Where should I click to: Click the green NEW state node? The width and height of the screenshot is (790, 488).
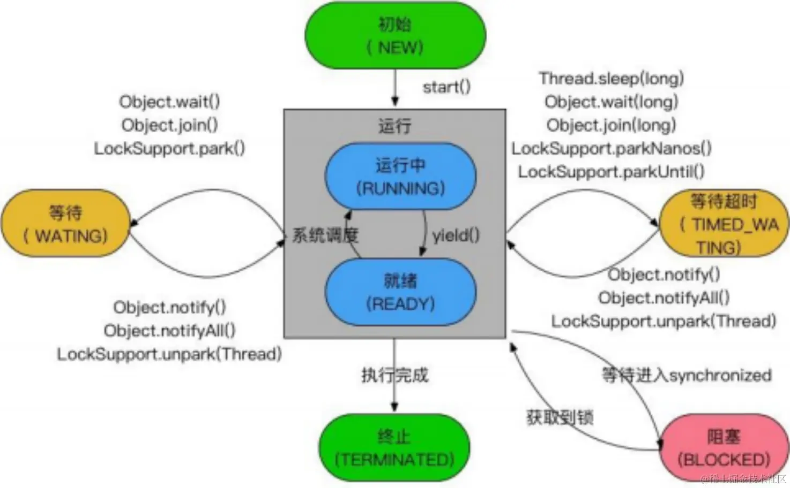[395, 36]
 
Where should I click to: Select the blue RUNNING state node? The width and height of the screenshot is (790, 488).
[400, 177]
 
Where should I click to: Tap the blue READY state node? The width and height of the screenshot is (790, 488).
[400, 292]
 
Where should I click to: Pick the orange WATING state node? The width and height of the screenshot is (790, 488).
[65, 224]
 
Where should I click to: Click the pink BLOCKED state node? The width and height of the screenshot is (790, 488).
[724, 448]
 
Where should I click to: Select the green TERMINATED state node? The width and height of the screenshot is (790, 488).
[394, 448]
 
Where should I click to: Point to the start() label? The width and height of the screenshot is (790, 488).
[446, 87]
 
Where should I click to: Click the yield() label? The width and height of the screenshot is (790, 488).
[456, 235]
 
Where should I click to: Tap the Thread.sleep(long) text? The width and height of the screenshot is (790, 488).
[612, 79]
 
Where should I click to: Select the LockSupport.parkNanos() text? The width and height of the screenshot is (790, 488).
[612, 148]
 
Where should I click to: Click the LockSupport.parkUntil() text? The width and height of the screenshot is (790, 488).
[611, 172]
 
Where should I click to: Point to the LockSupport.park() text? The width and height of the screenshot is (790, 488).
[169, 148]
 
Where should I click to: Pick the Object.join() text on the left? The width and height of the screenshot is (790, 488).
[169, 125]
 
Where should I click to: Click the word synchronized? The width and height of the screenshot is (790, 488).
[720, 375]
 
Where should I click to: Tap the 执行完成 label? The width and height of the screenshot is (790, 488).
[395, 375]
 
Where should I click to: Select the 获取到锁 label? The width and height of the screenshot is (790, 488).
[560, 417]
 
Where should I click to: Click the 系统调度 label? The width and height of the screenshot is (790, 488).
[325, 235]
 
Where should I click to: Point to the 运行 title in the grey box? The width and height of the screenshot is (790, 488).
[395, 126]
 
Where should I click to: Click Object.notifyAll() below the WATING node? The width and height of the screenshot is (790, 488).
[169, 330]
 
